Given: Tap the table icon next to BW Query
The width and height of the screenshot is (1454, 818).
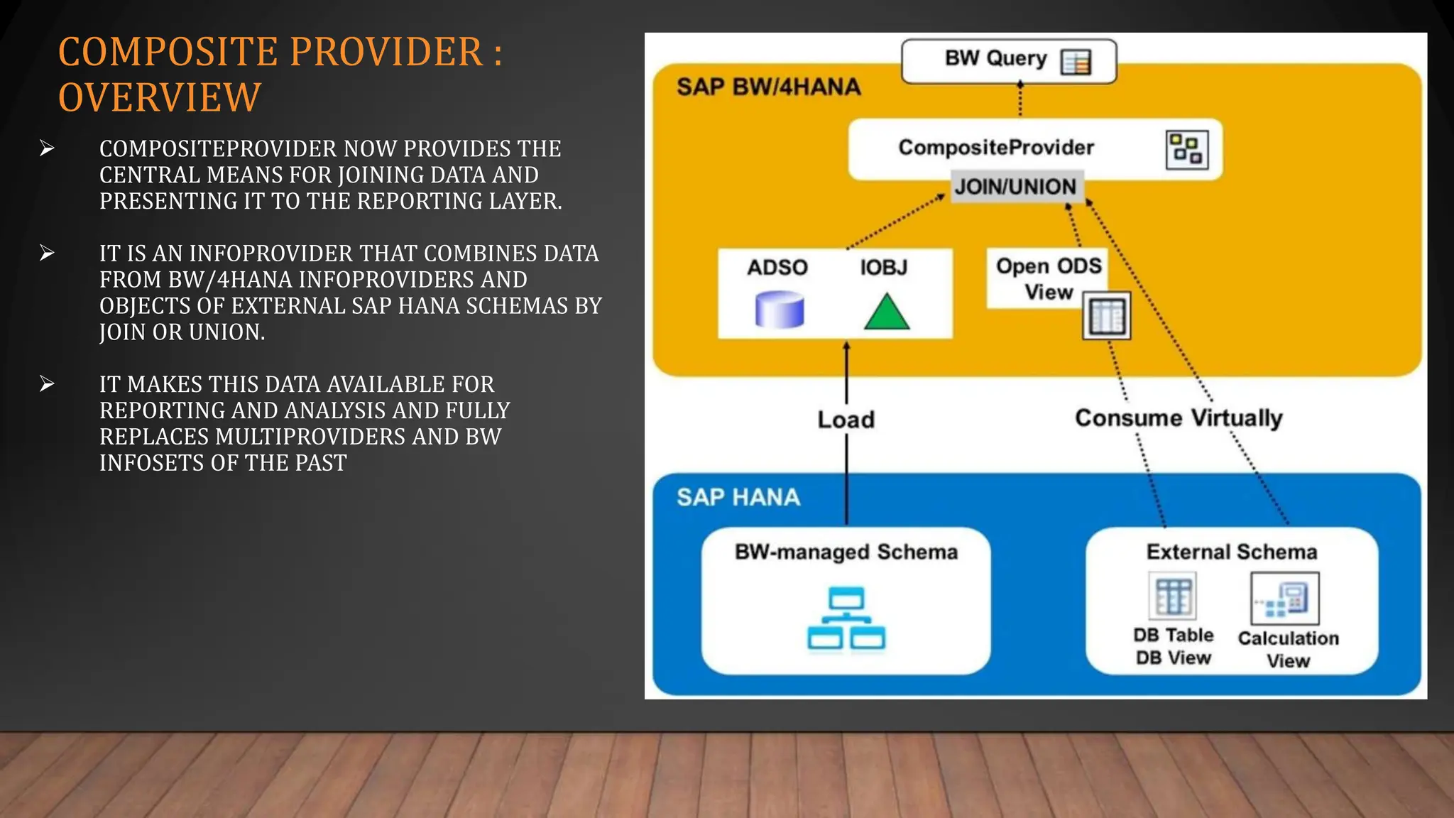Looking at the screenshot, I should tap(1076, 62).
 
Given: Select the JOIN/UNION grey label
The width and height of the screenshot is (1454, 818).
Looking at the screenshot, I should tap(1016, 187).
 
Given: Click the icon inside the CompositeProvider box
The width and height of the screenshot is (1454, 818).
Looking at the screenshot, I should tap(1186, 150).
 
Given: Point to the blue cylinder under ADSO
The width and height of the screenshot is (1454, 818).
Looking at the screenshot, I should tap(779, 310).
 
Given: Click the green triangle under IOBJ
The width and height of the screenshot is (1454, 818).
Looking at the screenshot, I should tap(886, 312).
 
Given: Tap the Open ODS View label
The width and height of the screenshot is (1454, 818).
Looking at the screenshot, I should tap(1048, 278).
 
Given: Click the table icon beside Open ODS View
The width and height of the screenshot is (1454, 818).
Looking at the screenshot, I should tap(1106, 316).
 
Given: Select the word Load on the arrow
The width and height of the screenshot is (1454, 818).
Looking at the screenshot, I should tap(846, 420).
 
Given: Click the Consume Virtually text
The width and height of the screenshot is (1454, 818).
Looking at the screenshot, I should tap(1179, 418).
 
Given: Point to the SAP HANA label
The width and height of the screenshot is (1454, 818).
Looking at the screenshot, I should tap(738, 497).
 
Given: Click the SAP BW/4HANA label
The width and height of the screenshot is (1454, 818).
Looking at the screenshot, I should tap(768, 87).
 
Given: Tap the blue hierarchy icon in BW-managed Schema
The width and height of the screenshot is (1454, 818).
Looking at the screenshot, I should tap(846, 618).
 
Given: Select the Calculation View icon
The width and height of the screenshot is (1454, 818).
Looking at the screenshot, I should tap(1284, 599).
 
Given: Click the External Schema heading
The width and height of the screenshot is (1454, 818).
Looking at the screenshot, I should tap(1231, 552).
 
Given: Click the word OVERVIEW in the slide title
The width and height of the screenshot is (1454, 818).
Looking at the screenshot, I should tap(160, 97).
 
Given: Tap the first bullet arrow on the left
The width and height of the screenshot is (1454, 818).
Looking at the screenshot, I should tap(48, 148).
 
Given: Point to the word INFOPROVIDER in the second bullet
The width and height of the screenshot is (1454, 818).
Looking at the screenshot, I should tap(270, 253).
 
